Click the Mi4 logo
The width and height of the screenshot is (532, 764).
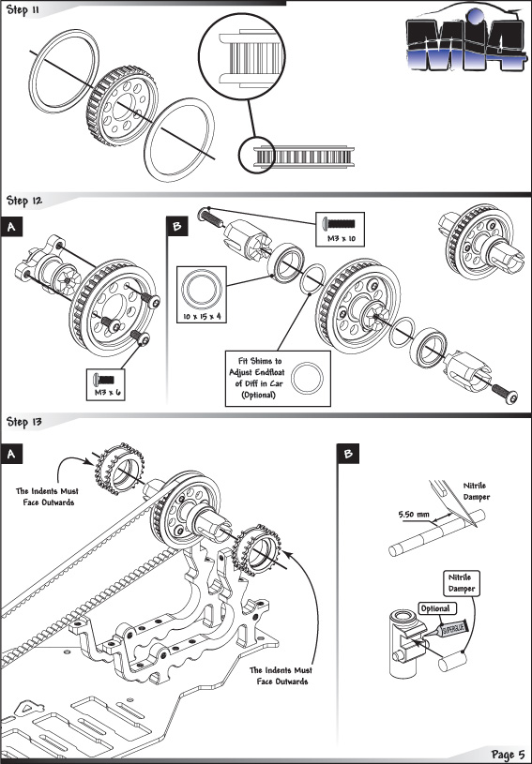pyautogui.click(x=466, y=39)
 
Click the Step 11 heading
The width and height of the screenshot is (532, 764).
pyautogui.click(x=23, y=10)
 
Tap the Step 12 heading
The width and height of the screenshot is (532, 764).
pyautogui.click(x=24, y=201)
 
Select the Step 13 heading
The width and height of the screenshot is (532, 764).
pyautogui.click(x=24, y=422)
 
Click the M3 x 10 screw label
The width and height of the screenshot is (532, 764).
pyautogui.click(x=341, y=239)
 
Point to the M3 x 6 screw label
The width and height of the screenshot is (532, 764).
pyautogui.click(x=107, y=392)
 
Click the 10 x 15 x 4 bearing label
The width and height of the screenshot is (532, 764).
pyautogui.click(x=202, y=316)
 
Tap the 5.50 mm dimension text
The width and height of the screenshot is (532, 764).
pyautogui.click(x=414, y=514)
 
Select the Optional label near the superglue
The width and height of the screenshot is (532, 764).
pyautogui.click(x=435, y=608)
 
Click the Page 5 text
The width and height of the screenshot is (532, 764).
pyautogui.click(x=509, y=755)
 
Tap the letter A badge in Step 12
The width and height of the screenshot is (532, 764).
pyautogui.click(x=11, y=227)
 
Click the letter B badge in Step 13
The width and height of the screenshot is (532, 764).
pyautogui.click(x=348, y=454)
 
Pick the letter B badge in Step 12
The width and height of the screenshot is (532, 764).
pyautogui.click(x=177, y=226)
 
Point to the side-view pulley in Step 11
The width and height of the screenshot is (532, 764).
pyautogui.click(x=303, y=157)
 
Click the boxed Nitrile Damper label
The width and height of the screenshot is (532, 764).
pyautogui.click(x=462, y=583)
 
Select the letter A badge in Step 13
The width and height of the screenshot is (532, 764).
pyautogui.click(x=11, y=454)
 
